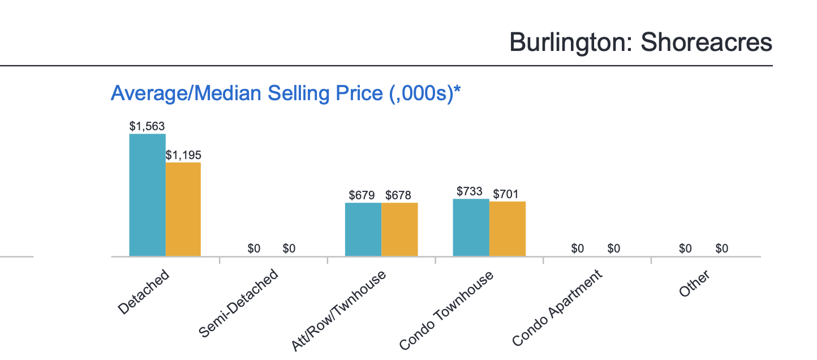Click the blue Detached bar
pos(147,195)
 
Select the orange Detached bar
pos(183,209)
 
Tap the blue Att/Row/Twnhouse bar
pos(363,229)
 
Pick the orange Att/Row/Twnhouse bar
pos(399,229)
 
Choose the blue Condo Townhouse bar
pos(471,228)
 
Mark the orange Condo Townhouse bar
pos(508,229)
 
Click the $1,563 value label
pos(147,126)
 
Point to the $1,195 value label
pos(183,155)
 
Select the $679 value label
pos(362,195)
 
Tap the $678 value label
pos(399,195)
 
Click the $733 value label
pos(470,191)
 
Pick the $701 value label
pos(506,194)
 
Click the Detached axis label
pos(144,292)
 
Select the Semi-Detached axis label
pos(239,303)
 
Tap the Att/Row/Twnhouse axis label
pos(339,311)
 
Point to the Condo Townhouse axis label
pos(446,310)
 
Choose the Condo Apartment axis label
pos(557,308)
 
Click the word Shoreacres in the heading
pos(707,42)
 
